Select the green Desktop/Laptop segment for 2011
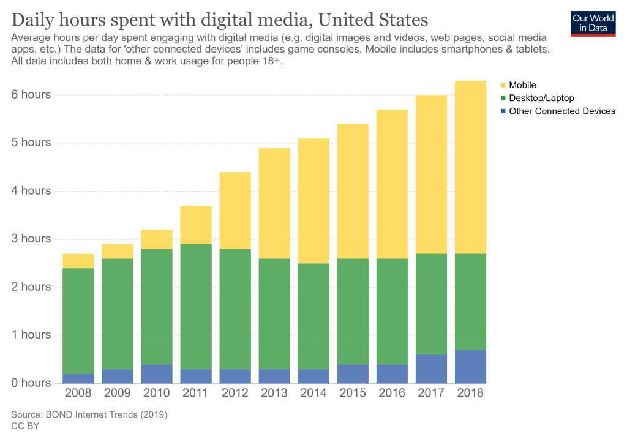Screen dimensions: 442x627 (196, 306)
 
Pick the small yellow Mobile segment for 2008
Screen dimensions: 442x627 (78, 261)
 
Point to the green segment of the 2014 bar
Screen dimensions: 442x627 (313, 316)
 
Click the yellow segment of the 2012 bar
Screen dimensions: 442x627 (235, 211)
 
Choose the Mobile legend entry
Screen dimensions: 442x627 (522, 85)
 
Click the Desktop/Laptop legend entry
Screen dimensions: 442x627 (541, 98)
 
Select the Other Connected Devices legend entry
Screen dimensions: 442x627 (561, 111)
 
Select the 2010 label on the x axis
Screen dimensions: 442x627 (157, 393)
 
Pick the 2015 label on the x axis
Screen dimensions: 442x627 (353, 393)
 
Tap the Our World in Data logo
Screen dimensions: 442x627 (592, 24)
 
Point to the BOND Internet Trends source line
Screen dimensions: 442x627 (89, 415)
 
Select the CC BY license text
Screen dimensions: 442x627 (25, 425)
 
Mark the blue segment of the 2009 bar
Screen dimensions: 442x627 (118, 376)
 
